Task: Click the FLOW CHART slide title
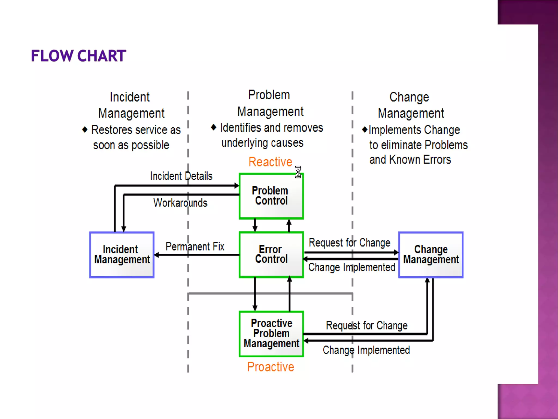pos(78,56)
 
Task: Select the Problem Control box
pos(271,196)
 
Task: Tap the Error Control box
pos(271,254)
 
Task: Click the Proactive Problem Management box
pos(271,333)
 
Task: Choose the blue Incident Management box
pos(122,255)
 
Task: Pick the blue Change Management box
pos(431,255)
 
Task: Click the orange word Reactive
pos(270,162)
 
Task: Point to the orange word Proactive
pos(271,367)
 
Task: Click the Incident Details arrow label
pos(181,176)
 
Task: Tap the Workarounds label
pos(180,203)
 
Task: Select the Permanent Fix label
pos(195,247)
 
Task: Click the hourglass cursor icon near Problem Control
pos(298,172)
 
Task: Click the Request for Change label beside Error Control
pos(349,243)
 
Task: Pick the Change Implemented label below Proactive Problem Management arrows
pos(366,350)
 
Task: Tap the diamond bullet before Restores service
pos(85,130)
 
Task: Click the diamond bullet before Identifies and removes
pos(214,127)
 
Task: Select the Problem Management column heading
pos(270,103)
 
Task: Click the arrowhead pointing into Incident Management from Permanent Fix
pos(157,255)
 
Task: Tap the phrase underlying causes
pos(262,143)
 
